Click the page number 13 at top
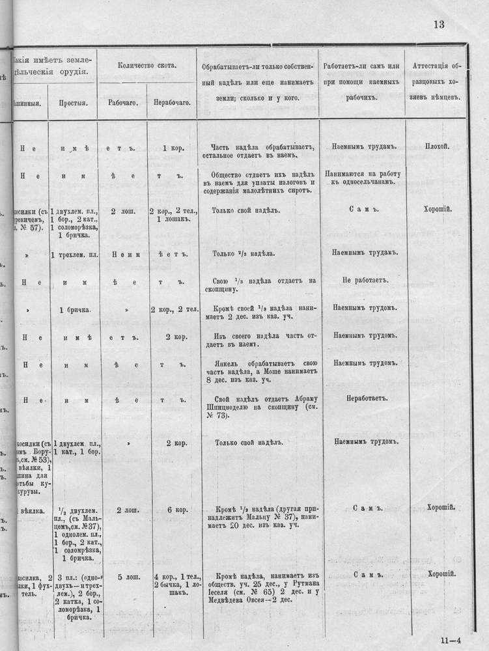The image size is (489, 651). coord(438,25)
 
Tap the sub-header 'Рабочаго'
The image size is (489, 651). coord(122,102)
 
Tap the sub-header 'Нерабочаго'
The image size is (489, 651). coord(172,102)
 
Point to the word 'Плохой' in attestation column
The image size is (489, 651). coord(436,147)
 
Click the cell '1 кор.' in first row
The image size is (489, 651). coord(173,148)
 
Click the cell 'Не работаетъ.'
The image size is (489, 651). coord(364,280)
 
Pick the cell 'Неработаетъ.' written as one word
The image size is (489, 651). coord(364,397)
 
